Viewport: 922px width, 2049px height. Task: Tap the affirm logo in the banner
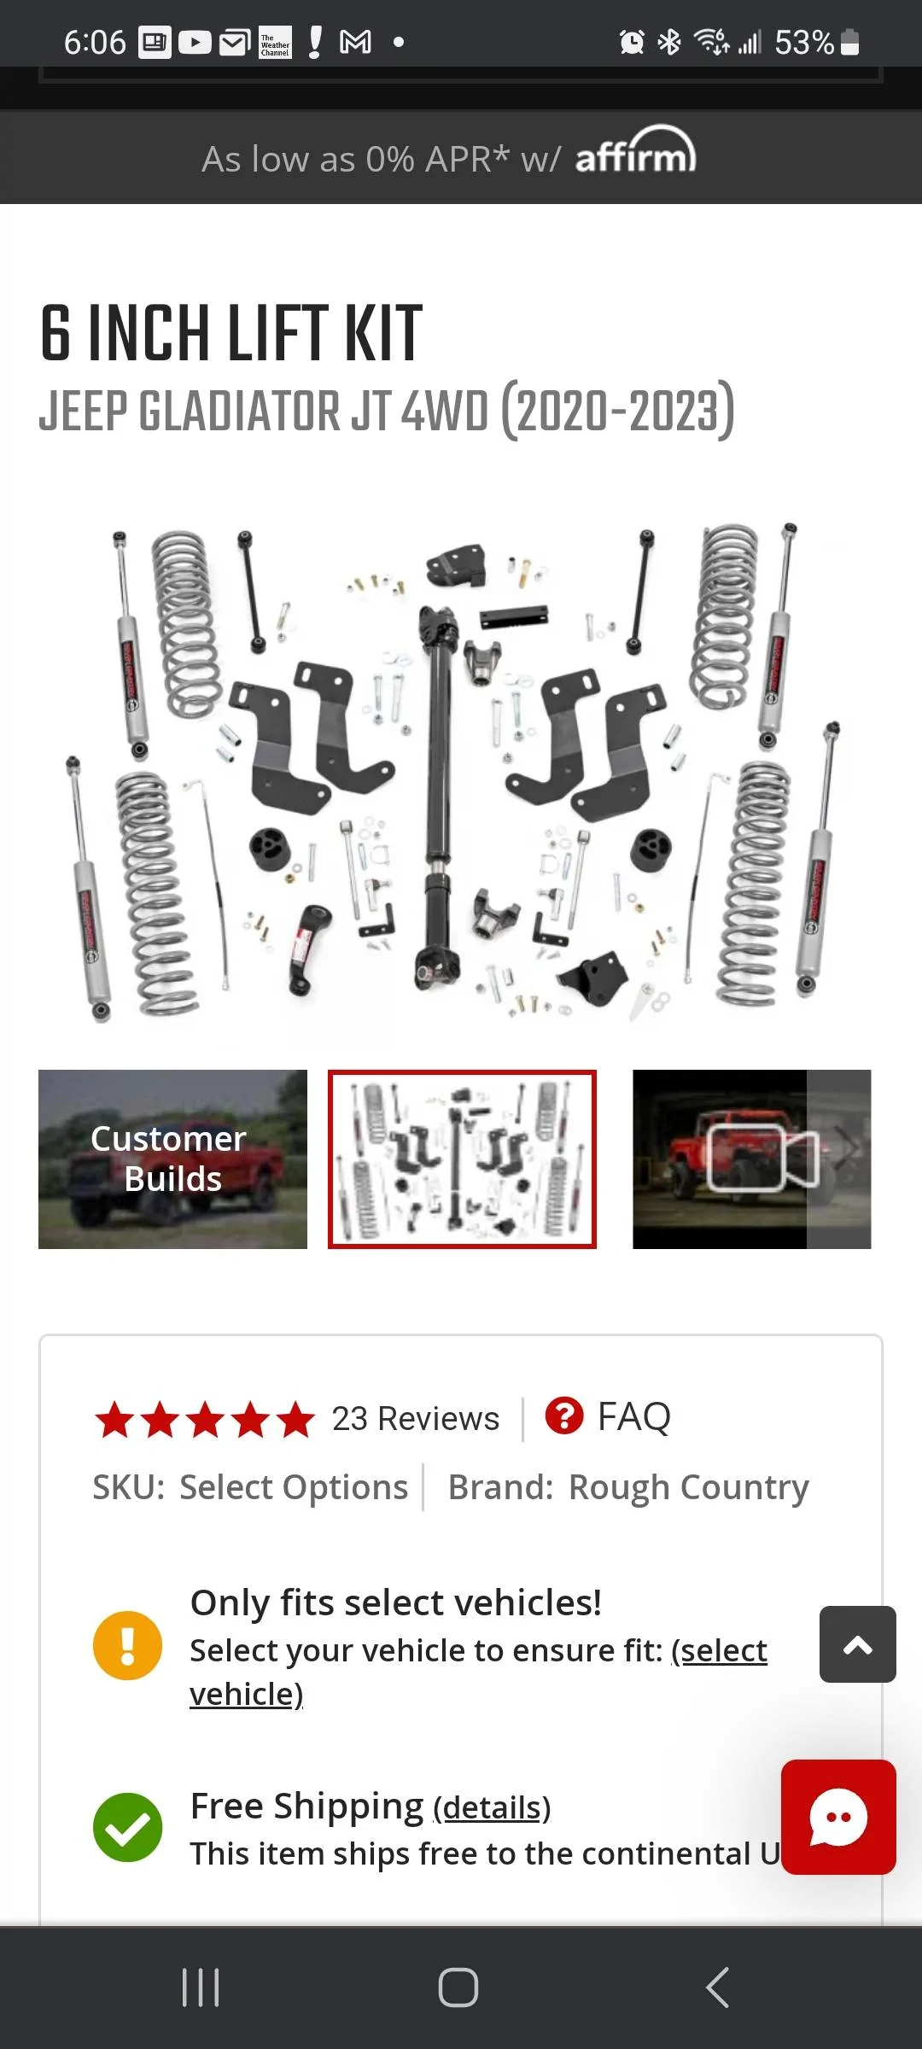pyautogui.click(x=636, y=151)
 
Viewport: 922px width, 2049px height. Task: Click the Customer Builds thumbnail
pyautogui.click(x=172, y=1159)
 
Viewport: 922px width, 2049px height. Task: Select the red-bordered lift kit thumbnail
pyautogui.click(x=462, y=1159)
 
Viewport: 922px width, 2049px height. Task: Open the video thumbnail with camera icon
pyautogui.click(x=751, y=1159)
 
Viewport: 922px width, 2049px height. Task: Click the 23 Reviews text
pyautogui.click(x=415, y=1418)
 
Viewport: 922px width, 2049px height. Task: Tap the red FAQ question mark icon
pyautogui.click(x=564, y=1416)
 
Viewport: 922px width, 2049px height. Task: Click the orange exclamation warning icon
pyautogui.click(x=127, y=1645)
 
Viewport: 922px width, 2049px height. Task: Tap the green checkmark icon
pyautogui.click(x=127, y=1827)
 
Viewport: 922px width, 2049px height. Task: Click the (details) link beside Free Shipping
pyautogui.click(x=492, y=1807)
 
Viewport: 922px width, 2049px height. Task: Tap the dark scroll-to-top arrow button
pyautogui.click(x=857, y=1644)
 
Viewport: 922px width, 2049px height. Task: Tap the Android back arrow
pyautogui.click(x=718, y=1988)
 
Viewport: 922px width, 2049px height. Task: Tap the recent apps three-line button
pyautogui.click(x=201, y=1988)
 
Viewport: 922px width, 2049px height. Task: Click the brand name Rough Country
pyautogui.click(x=688, y=1487)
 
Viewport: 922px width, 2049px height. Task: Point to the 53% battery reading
pyautogui.click(x=804, y=42)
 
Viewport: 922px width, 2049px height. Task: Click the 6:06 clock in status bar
pyautogui.click(x=95, y=42)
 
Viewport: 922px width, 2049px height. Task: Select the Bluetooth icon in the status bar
pyautogui.click(x=669, y=42)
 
